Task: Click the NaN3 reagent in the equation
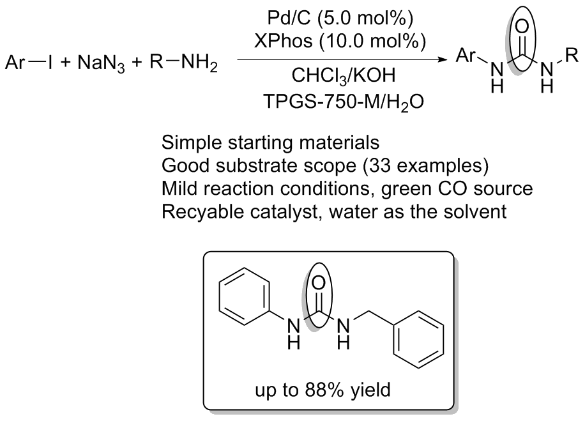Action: click(101, 64)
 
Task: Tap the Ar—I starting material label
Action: click(29, 63)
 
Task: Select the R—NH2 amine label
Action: click(183, 63)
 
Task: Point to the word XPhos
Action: click(283, 41)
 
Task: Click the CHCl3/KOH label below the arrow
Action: click(343, 76)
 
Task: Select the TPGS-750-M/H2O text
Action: click(344, 101)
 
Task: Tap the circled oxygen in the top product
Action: click(523, 26)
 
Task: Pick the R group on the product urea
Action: click(572, 55)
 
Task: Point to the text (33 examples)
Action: click(425, 165)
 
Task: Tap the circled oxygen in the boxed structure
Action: click(318, 283)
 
